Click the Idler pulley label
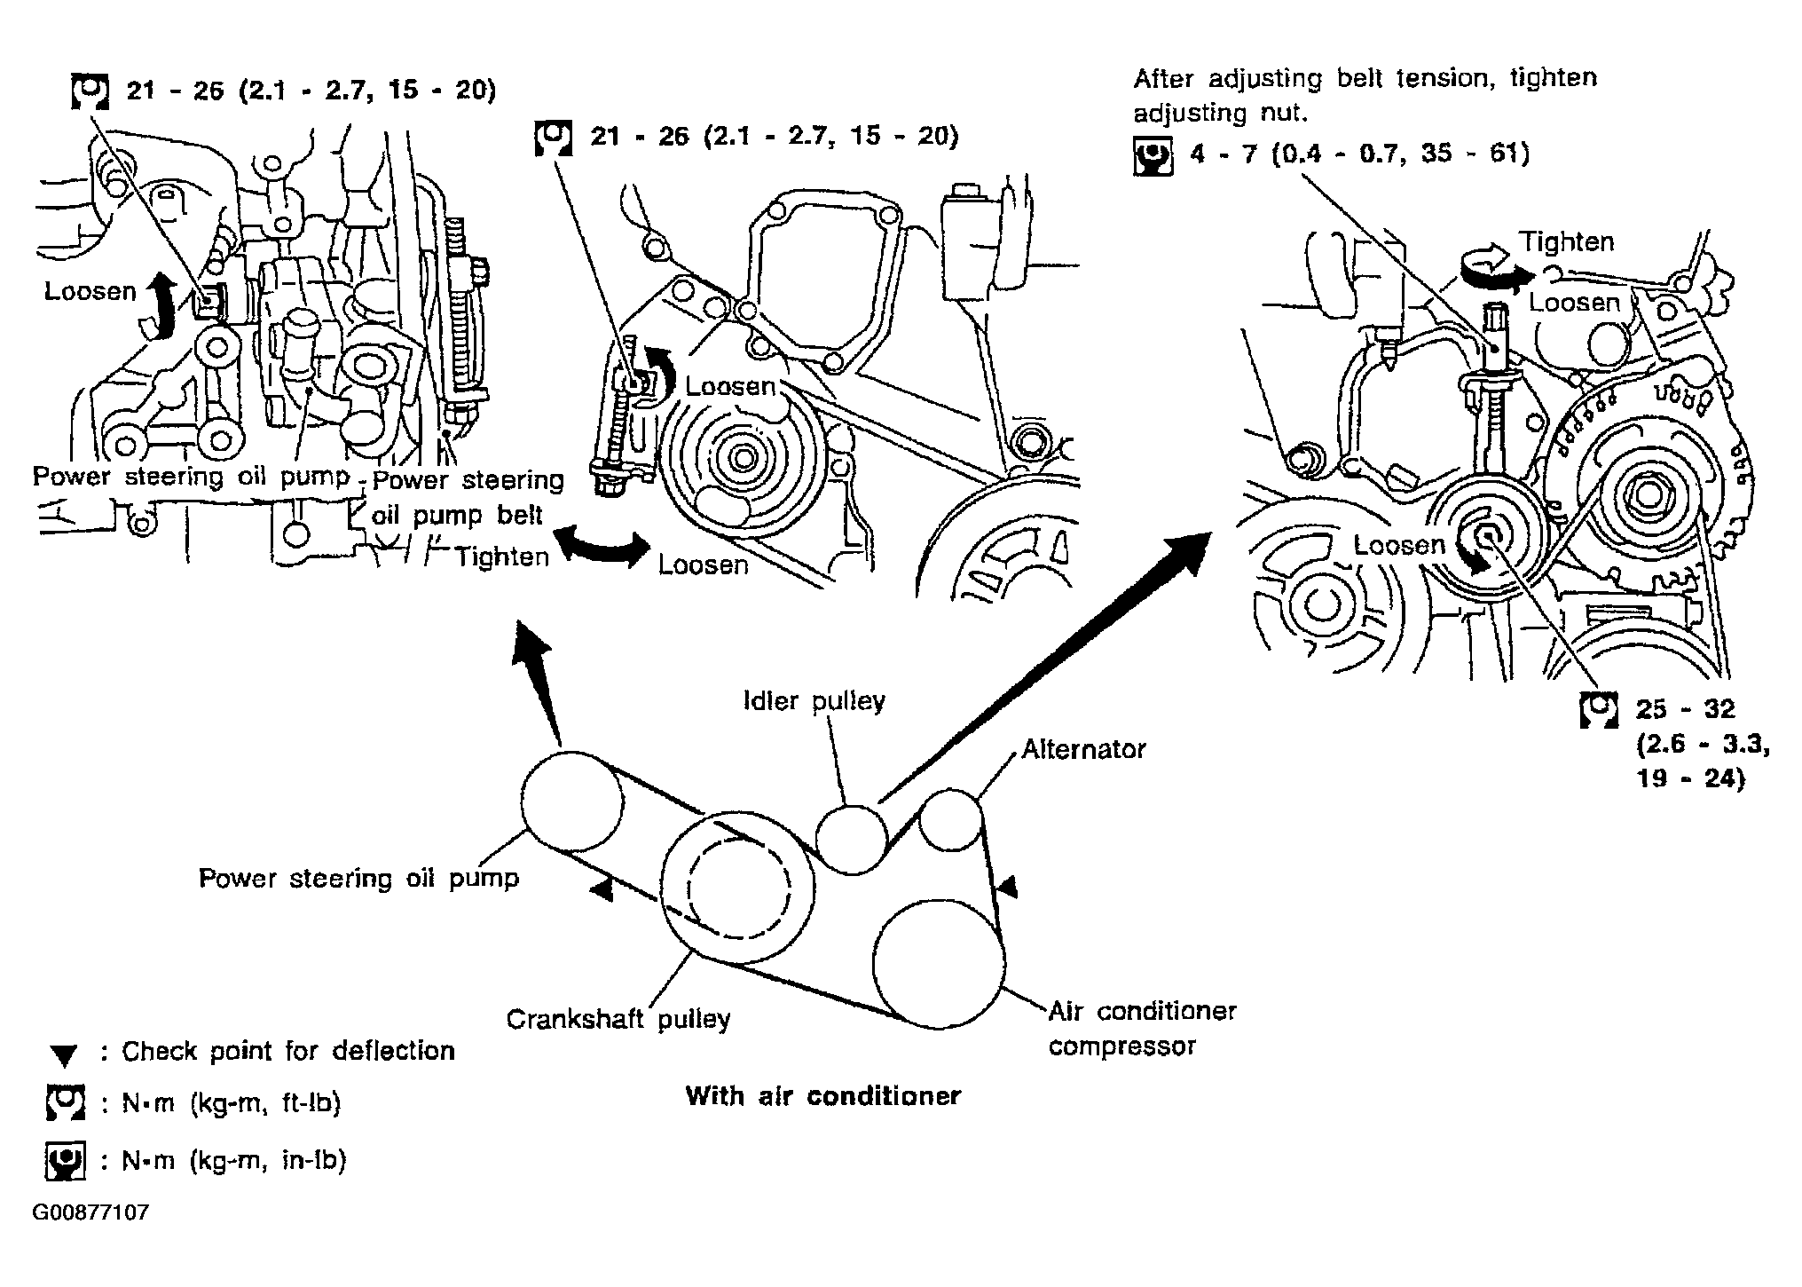[814, 701]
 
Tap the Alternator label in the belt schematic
[1083, 749]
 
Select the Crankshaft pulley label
[618, 1019]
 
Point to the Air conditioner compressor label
[1142, 1028]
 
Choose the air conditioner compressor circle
[939, 964]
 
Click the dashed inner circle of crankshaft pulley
[740, 888]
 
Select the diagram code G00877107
[91, 1212]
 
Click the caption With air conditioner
[822, 1095]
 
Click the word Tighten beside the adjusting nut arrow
[1567, 241]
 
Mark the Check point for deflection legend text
[287, 1051]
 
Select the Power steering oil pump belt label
[468, 498]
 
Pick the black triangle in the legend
[65, 1055]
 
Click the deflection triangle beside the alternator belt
[1007, 886]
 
